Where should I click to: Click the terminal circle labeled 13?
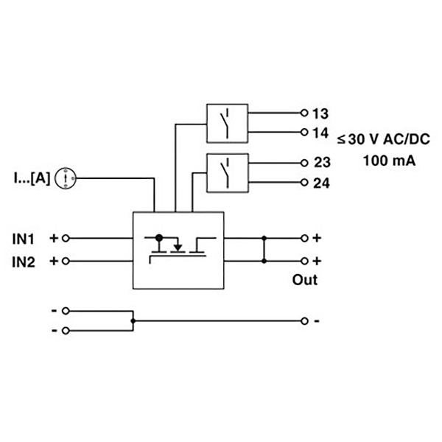[304, 113]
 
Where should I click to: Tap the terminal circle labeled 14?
[304, 132]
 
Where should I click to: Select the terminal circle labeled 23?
[304, 163]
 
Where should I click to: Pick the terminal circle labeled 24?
[304, 183]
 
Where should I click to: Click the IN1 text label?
[24, 239]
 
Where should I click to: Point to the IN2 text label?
[24, 262]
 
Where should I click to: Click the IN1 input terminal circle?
[66, 239]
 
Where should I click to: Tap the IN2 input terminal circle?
[66, 262]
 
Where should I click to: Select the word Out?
[305, 280]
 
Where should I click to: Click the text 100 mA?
[389, 161]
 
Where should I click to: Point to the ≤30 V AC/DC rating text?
[384, 139]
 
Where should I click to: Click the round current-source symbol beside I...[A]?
[66, 178]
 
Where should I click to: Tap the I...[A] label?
[32, 178]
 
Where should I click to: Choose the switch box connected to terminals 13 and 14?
[227, 124]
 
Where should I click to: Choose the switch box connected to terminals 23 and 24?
[228, 173]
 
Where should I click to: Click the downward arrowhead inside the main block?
[178, 248]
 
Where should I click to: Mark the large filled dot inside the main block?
[159, 238]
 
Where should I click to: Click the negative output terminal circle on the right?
[304, 321]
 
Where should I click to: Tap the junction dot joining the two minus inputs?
[133, 320]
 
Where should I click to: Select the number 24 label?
[321, 183]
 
